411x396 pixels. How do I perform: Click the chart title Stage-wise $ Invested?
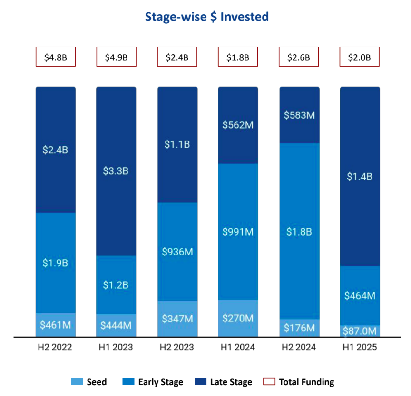206,17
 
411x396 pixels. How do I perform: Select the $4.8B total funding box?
56,57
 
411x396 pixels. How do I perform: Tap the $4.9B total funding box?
116,57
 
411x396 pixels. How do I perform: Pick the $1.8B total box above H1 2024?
238,57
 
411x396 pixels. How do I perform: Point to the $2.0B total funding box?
359,57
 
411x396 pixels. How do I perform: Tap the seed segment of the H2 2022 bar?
56,325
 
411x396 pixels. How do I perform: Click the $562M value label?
238,125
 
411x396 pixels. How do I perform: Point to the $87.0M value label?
360,330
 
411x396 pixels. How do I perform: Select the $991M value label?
238,232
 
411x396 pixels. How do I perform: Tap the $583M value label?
299,115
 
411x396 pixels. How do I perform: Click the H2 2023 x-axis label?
177,348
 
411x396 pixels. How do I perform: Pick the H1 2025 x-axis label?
360,348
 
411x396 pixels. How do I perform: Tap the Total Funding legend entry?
299,382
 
